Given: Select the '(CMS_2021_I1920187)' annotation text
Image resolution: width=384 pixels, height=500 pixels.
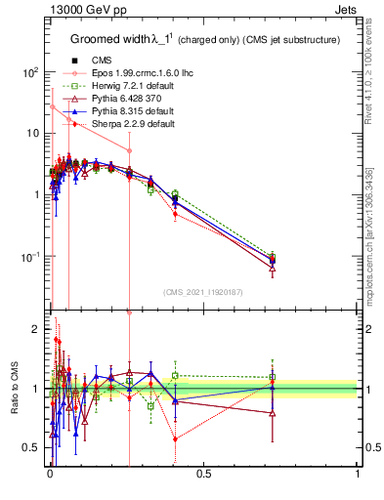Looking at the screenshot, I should pos(202,292).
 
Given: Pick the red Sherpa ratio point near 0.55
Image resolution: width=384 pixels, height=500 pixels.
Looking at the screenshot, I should pos(175,439).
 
